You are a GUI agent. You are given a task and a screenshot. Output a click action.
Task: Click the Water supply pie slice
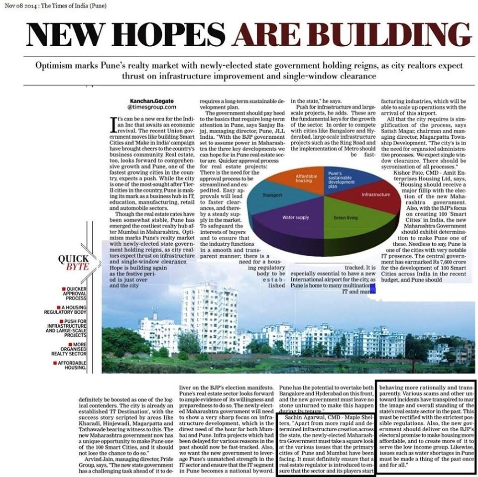point(296,218)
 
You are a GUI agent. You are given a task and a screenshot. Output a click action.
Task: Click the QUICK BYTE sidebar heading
point(74,262)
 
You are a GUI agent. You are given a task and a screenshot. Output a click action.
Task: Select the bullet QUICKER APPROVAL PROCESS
point(76,294)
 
